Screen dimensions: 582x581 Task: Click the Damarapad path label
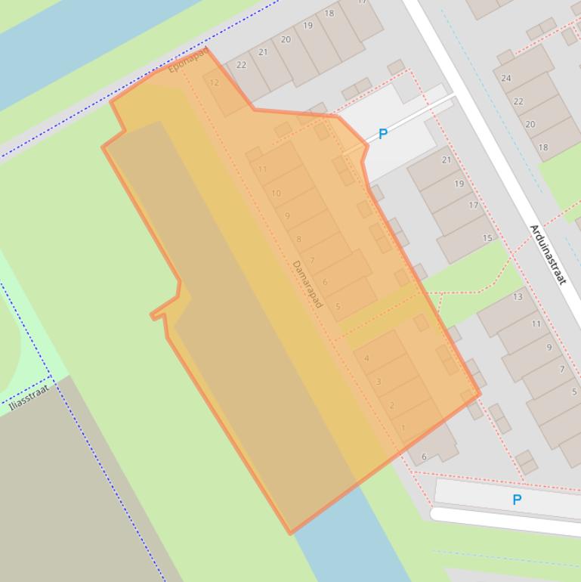(307, 283)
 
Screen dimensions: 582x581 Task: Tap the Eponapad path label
(187, 60)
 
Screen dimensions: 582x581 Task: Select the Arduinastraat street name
(548, 254)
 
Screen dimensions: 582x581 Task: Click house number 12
(215, 83)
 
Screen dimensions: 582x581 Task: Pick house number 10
(276, 193)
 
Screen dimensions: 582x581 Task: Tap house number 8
(299, 240)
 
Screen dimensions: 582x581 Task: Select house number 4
(366, 358)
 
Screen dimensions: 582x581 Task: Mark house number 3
(379, 382)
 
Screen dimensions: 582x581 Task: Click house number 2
(391, 406)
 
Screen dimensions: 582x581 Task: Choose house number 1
(403, 428)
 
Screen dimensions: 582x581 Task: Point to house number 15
(487, 238)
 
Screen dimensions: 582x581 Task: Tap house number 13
(518, 296)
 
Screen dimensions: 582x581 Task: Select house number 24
(506, 78)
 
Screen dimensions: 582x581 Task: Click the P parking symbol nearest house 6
(517, 500)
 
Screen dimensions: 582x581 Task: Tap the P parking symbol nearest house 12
(382, 135)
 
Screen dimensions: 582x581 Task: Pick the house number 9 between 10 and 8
(287, 216)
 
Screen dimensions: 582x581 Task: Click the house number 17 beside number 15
(474, 205)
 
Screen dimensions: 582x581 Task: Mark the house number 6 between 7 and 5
(325, 283)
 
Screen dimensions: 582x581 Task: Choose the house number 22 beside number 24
(518, 101)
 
